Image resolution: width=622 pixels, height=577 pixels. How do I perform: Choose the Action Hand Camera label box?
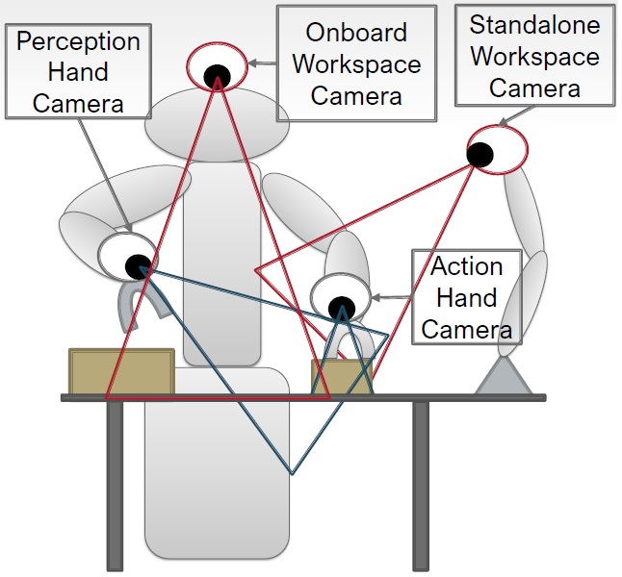click(467, 297)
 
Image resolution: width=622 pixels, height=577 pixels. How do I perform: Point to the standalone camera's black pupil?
click(480, 152)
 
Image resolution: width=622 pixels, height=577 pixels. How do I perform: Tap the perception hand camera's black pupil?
click(139, 263)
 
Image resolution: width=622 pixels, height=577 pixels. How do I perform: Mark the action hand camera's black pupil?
click(341, 309)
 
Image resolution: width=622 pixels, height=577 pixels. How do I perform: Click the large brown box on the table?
click(120, 372)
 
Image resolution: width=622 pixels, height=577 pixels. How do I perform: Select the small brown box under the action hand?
click(341, 377)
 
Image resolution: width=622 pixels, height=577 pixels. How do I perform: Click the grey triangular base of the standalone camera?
click(504, 377)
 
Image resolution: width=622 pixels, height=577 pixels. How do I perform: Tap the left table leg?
click(115, 486)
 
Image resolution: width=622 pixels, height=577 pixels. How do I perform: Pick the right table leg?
click(421, 486)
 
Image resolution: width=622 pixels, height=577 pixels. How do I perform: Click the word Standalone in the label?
click(535, 24)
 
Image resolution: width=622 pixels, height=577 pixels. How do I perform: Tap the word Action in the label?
click(466, 266)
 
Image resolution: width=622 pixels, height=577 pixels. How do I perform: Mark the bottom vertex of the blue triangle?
click(292, 473)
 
